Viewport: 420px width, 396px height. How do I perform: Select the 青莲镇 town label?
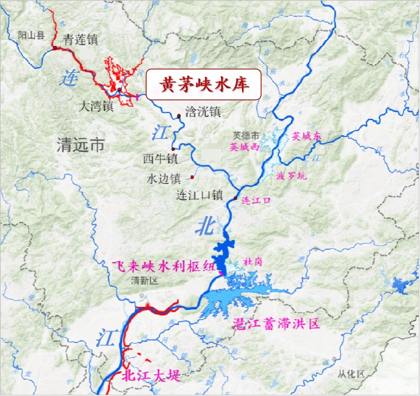coord(80,40)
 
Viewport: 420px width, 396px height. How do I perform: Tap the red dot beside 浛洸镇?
coord(179,115)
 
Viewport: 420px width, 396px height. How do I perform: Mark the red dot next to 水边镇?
coord(193,176)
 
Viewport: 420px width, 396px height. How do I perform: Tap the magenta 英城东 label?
coord(310,136)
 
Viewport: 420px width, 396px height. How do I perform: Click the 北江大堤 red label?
coord(152,376)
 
